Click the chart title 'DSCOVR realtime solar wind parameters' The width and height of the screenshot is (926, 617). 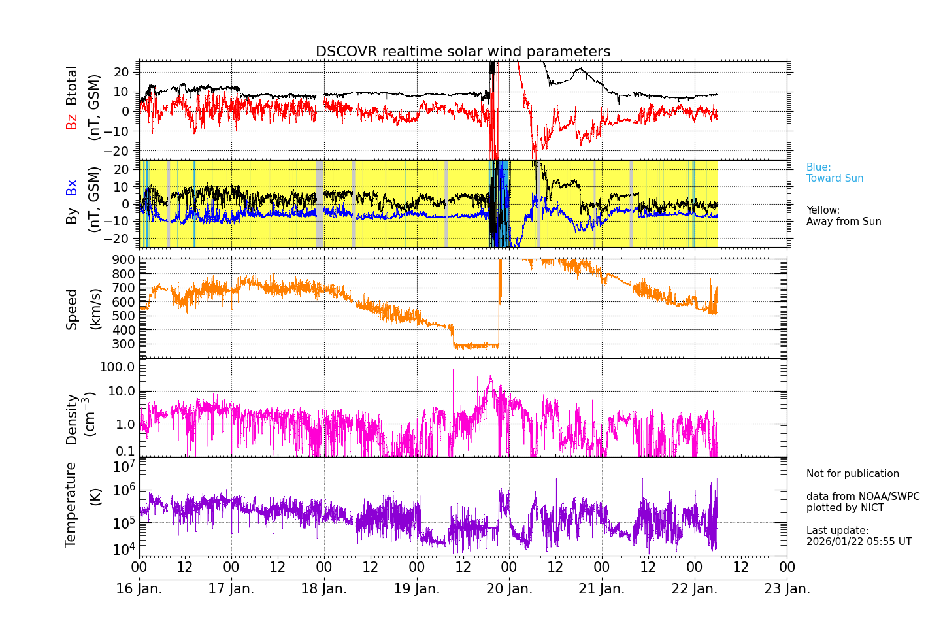463,52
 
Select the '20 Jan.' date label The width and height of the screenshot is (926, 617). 509,589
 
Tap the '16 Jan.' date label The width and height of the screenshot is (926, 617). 139,589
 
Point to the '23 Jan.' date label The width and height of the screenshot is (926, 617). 787,589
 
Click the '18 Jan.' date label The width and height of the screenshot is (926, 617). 324,589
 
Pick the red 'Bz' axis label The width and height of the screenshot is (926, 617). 71,122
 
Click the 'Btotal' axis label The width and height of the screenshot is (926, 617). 71,85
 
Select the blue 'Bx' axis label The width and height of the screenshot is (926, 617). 71,187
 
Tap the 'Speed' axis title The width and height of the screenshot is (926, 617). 71,309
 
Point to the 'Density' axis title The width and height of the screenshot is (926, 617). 71,419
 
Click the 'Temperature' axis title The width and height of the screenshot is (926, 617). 71,504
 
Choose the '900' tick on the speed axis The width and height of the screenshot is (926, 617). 124,260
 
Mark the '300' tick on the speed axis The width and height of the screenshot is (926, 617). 124,344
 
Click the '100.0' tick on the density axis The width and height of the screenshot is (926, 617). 117,367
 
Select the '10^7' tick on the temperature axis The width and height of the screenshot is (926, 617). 124,466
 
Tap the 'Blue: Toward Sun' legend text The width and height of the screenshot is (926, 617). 834,173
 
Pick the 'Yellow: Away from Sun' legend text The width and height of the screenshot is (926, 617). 843,216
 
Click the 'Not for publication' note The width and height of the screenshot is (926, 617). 852,474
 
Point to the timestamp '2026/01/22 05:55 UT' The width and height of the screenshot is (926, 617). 858,542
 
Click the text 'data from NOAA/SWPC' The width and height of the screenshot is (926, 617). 863,497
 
